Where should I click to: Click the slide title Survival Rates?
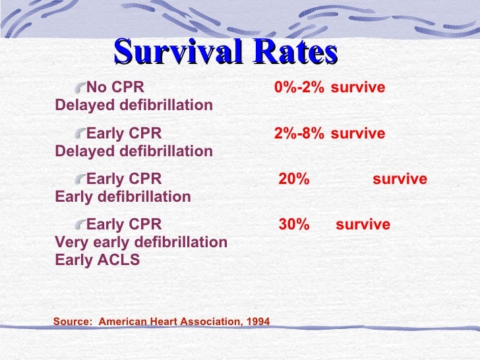(x=225, y=52)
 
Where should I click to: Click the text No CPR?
(x=115, y=88)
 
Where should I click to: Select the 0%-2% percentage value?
(x=299, y=88)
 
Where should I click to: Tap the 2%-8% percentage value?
(x=299, y=134)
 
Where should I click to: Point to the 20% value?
(x=294, y=179)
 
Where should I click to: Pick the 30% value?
(x=294, y=225)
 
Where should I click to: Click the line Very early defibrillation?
(x=141, y=242)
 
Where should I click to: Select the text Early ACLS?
(x=98, y=260)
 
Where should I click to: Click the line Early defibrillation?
(x=123, y=196)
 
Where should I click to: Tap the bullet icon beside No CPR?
(x=80, y=88)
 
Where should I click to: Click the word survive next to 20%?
(x=400, y=179)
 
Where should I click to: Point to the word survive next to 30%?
(x=363, y=225)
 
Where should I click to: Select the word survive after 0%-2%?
(x=358, y=88)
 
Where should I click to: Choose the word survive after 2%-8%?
(x=358, y=134)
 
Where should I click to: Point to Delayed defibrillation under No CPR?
(x=134, y=105)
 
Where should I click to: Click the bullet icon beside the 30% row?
(x=80, y=225)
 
